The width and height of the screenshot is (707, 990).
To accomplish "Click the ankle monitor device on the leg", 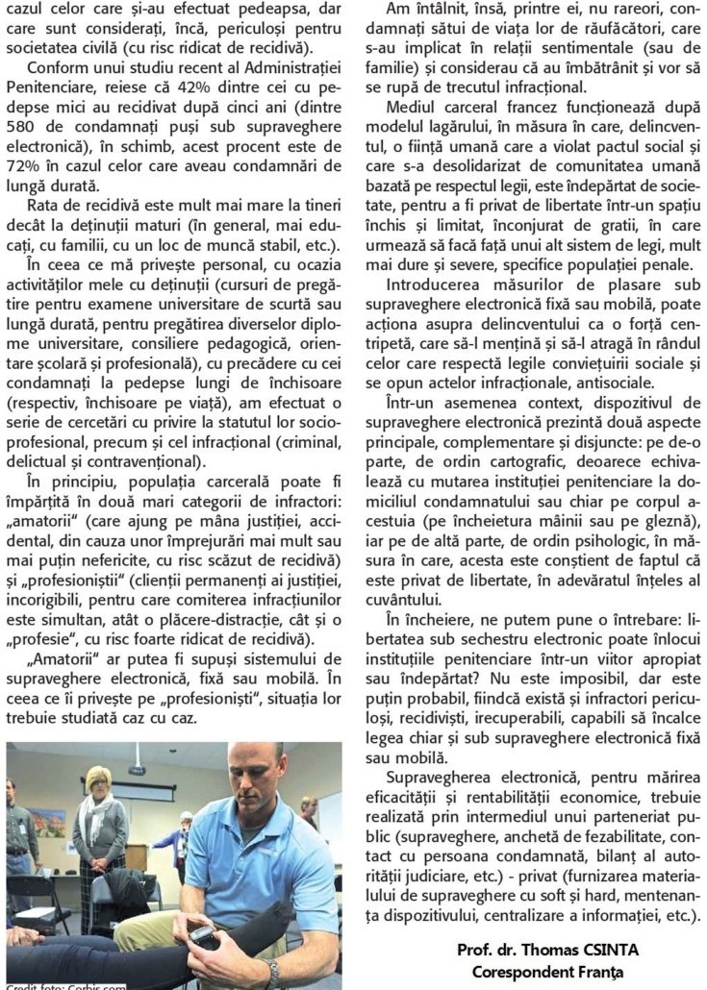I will (204, 936).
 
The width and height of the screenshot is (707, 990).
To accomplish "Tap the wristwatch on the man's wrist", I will (273, 974).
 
